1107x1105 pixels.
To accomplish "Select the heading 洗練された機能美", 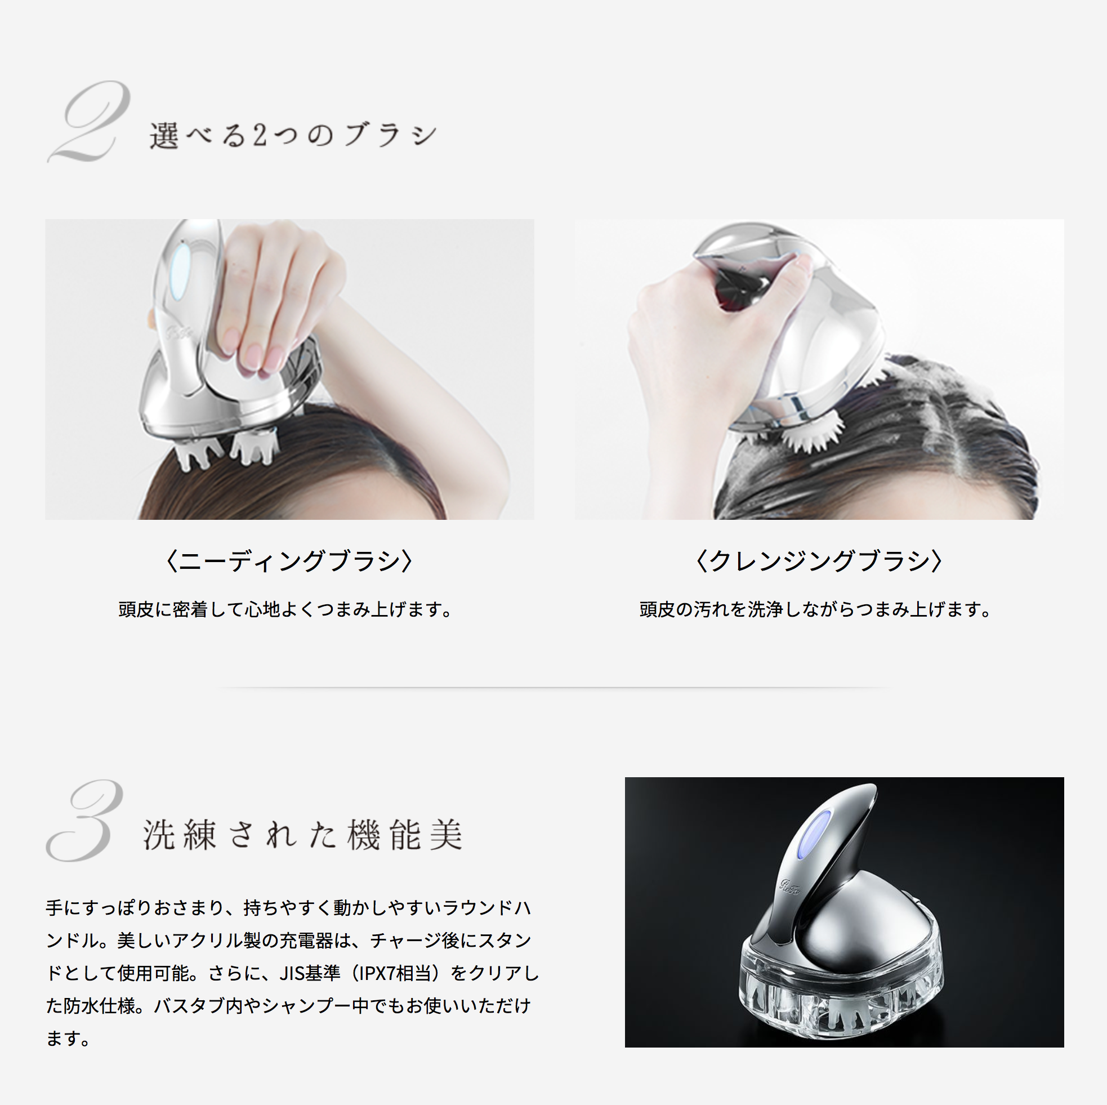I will [302, 835].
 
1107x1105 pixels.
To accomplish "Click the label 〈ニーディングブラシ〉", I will [289, 560].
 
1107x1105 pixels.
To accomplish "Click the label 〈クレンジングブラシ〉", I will [819, 560].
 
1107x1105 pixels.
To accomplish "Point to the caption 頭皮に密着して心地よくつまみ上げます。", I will [285, 609].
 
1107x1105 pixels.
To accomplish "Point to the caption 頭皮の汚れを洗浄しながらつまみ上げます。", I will [815, 609].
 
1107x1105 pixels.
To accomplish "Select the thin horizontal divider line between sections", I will [553, 687].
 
